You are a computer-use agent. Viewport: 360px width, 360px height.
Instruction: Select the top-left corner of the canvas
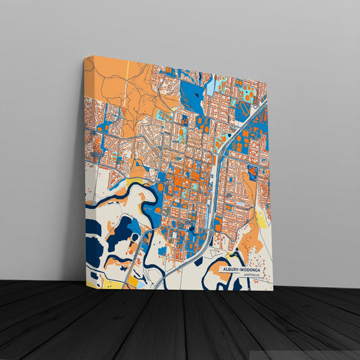(85, 57)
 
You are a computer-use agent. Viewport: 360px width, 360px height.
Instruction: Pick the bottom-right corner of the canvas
(273, 290)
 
